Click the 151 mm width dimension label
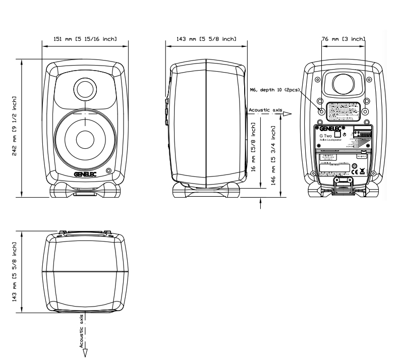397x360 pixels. point(85,38)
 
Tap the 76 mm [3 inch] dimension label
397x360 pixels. point(343,38)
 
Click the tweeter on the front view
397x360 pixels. point(85,90)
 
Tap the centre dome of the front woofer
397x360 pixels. point(85,140)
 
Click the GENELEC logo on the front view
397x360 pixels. point(85,174)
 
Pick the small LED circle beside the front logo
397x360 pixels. point(109,170)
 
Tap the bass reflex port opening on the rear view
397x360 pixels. point(343,82)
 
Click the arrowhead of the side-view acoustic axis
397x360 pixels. point(287,114)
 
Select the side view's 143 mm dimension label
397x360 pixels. point(206,38)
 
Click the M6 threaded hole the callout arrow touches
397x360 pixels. point(320,109)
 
